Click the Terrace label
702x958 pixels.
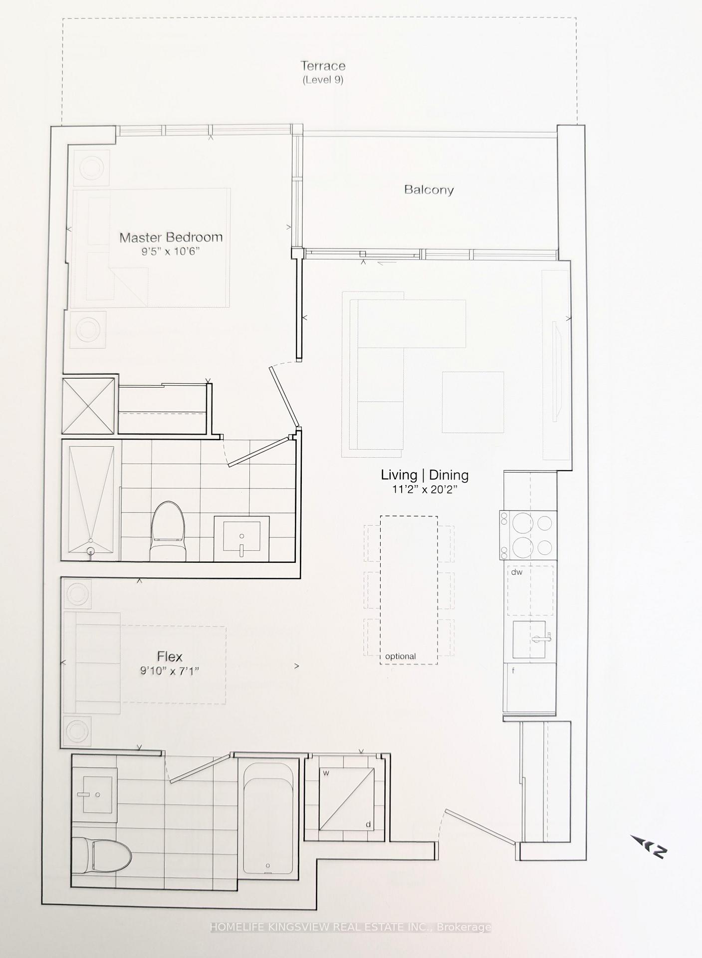pyautogui.click(x=323, y=66)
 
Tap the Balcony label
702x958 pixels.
pyautogui.click(x=429, y=190)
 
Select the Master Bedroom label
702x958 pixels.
pyautogui.click(x=171, y=237)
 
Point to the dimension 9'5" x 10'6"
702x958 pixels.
pyautogui.click(x=171, y=251)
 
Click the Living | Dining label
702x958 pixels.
pyautogui.click(x=425, y=475)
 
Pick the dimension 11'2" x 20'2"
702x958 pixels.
pyautogui.click(x=425, y=490)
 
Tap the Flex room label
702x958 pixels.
pyautogui.click(x=170, y=657)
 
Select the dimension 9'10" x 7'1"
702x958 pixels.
pyautogui.click(x=170, y=671)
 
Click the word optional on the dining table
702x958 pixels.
pyautogui.click(x=400, y=657)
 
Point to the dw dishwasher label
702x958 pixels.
pyautogui.click(x=516, y=572)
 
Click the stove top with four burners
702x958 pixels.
pyautogui.click(x=528, y=535)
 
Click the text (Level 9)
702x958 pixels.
pyautogui.click(x=323, y=80)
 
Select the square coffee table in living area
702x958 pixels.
pyautogui.click(x=472, y=402)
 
